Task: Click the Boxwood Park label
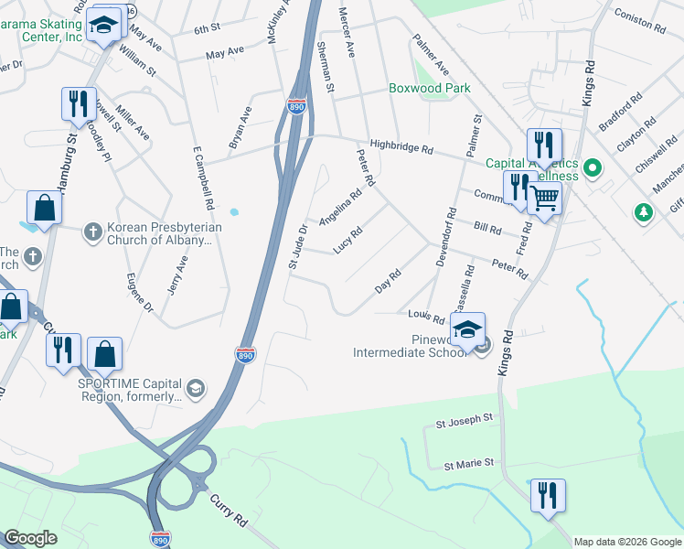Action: [429, 89]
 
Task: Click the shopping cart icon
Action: [544, 196]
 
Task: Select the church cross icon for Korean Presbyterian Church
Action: [92, 232]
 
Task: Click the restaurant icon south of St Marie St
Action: [548, 495]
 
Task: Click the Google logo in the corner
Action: [30, 538]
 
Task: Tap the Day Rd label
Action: [389, 282]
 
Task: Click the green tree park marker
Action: [645, 213]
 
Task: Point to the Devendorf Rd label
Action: [445, 236]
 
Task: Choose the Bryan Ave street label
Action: [240, 128]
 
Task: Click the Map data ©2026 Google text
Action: [627, 542]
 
